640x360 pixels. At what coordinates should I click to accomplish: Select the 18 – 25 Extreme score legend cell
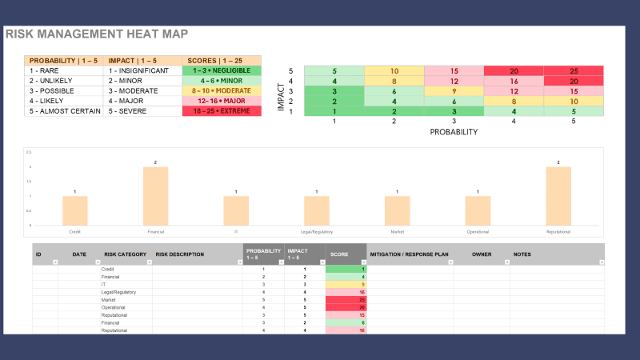point(222,111)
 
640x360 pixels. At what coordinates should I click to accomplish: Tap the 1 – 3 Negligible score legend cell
point(222,70)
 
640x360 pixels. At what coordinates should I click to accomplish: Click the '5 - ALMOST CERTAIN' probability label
point(64,111)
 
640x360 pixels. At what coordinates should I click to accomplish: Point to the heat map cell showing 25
point(573,70)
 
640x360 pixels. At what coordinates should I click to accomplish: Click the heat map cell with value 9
point(454,90)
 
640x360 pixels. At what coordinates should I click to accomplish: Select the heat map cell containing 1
point(334,111)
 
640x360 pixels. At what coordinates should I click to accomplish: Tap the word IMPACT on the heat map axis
point(282,90)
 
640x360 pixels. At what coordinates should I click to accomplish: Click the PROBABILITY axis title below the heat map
point(454,130)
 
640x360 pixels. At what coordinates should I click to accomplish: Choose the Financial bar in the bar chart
point(155,196)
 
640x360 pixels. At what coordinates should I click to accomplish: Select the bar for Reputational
point(558,196)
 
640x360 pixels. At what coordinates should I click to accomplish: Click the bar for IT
point(236,210)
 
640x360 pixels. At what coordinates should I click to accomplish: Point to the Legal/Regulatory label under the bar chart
point(316,231)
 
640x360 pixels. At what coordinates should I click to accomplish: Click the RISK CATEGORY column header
point(125,254)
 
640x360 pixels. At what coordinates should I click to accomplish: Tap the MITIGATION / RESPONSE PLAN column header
point(409,254)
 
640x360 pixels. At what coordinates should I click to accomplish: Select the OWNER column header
point(481,254)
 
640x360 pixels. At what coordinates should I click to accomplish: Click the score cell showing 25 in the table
point(346,299)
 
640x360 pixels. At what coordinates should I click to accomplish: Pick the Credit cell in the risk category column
point(107,270)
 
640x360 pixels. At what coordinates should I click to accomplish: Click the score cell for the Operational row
point(346,307)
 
